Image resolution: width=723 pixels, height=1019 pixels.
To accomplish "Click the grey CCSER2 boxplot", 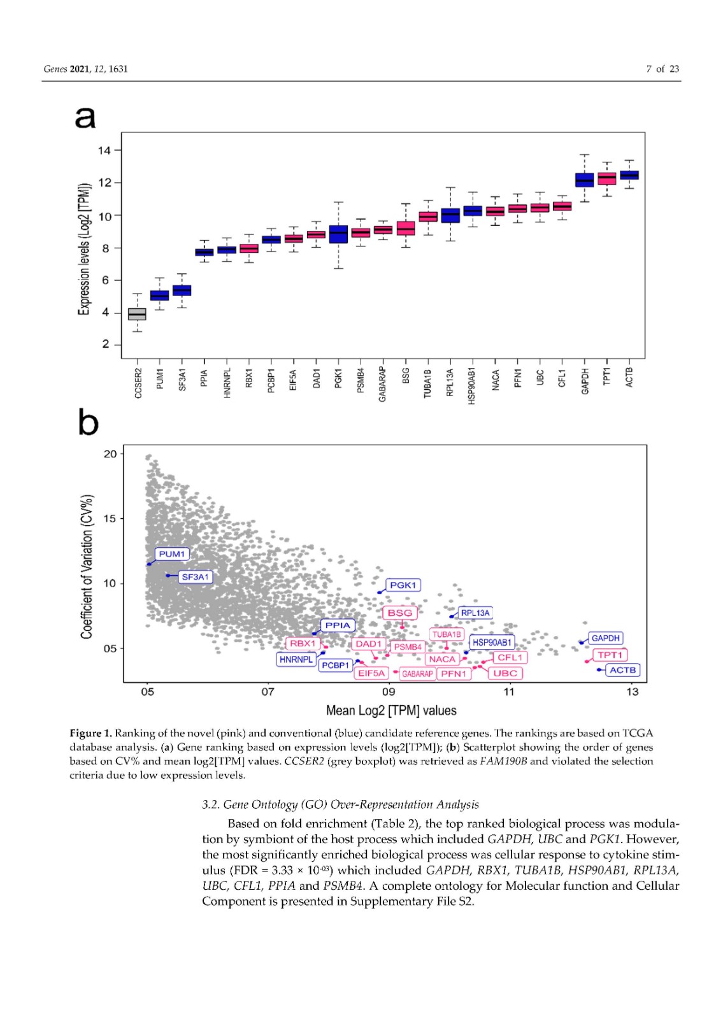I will [137, 314].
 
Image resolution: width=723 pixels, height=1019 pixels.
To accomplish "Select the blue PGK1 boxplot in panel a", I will [338, 234].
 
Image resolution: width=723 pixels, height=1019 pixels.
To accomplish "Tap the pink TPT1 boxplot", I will [606, 178].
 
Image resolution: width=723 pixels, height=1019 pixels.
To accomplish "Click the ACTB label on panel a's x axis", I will [629, 377].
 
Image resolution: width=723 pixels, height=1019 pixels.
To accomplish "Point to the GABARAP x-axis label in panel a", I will [383, 383].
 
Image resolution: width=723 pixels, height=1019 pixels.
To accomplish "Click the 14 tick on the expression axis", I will [104, 150].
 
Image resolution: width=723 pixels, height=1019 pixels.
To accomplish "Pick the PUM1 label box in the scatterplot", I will [172, 554].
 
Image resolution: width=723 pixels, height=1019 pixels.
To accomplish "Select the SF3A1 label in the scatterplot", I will [195, 577].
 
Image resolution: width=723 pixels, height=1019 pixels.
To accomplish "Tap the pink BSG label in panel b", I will [400, 613].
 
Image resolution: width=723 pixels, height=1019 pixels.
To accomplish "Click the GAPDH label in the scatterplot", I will [605, 638].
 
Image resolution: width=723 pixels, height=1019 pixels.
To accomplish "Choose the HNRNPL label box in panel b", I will [296, 660].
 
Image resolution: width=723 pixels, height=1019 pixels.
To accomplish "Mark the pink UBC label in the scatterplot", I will [505, 673].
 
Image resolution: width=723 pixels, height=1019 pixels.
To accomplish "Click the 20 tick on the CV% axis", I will [110, 454].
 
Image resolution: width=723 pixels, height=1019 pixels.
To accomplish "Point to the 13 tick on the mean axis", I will [631, 692].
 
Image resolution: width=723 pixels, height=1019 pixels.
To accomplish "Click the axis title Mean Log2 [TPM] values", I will [391, 710].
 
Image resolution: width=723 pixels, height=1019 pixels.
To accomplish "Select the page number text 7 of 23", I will [662, 69].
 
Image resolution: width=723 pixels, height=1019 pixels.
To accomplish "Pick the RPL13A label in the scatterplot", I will [475, 613].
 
